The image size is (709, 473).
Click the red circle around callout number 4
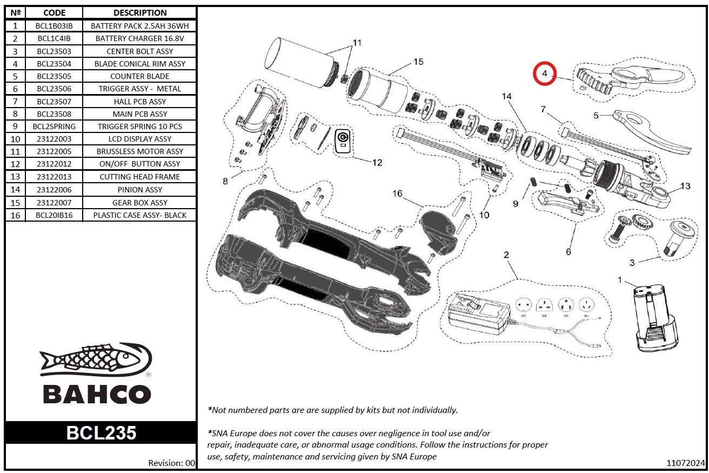click(x=545, y=74)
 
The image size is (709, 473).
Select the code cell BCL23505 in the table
click(x=54, y=76)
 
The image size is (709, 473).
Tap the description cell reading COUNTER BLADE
click(x=140, y=76)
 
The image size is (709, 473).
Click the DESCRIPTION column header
click(x=140, y=12)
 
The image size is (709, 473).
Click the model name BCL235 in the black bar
click(x=101, y=433)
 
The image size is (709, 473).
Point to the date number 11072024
click(x=685, y=463)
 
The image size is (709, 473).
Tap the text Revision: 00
click(x=171, y=463)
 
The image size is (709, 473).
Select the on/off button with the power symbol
click(x=343, y=142)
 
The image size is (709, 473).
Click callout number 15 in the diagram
click(x=418, y=62)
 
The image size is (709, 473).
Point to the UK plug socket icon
click(x=544, y=305)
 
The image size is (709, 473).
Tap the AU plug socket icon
click(x=587, y=305)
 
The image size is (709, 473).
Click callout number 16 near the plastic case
click(x=397, y=194)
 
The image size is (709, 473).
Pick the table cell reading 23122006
click(x=54, y=190)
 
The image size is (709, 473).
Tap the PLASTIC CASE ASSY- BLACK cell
click(x=140, y=215)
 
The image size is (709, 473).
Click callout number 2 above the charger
click(x=506, y=255)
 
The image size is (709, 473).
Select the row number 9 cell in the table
click(x=15, y=126)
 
